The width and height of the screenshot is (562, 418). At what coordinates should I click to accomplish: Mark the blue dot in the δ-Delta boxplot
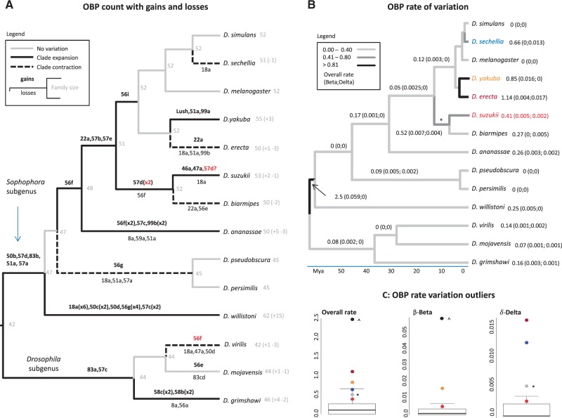pos(526,343)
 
